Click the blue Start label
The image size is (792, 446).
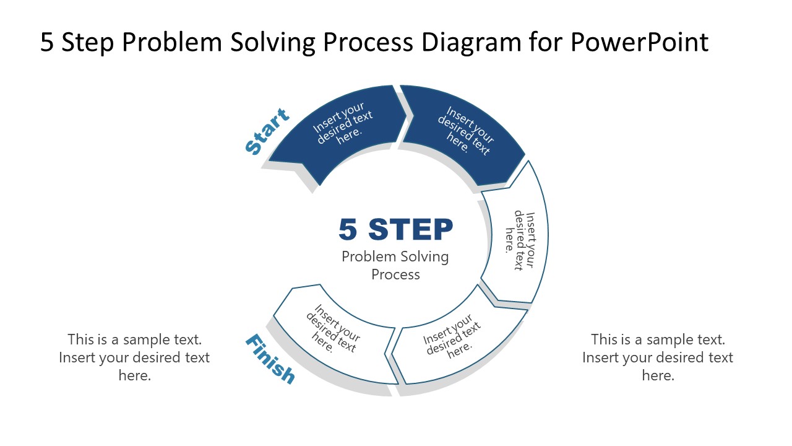click(267, 132)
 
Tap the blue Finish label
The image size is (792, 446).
click(270, 359)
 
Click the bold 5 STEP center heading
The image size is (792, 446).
click(396, 230)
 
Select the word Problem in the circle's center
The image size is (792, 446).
click(369, 256)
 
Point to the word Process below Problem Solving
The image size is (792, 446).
click(396, 274)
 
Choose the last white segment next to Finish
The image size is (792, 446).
click(334, 331)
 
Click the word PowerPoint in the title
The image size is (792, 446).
click(639, 43)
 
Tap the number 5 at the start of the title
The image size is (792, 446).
click(47, 43)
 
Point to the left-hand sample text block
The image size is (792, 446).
click(134, 357)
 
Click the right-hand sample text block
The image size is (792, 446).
click(657, 357)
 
